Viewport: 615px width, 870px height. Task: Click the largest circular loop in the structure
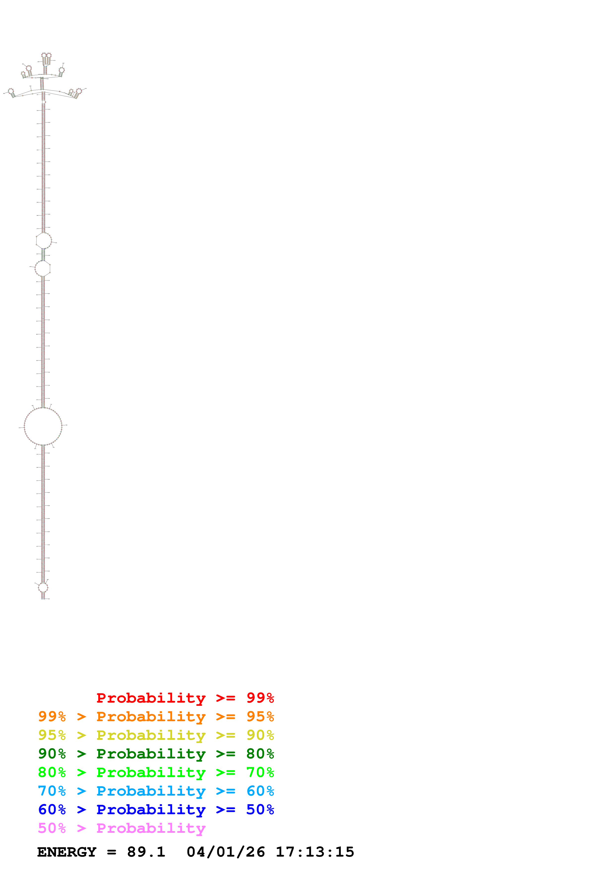[x=43, y=426]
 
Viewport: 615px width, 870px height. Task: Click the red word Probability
[x=151, y=698]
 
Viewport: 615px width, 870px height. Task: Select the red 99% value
[x=260, y=698]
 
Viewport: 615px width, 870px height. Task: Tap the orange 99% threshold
[x=52, y=716]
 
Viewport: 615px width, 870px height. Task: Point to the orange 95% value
[x=260, y=716]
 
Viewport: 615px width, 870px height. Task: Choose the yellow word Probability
[x=151, y=735]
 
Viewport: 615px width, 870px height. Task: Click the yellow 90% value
[x=260, y=735]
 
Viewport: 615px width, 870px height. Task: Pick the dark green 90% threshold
[x=52, y=754]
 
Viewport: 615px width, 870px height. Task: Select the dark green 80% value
[x=260, y=754]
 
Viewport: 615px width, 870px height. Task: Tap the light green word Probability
[x=151, y=772]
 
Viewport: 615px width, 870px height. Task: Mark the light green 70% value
[x=260, y=772]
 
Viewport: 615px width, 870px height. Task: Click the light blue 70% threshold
[x=52, y=791]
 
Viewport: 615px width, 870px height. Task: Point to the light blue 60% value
[x=260, y=791]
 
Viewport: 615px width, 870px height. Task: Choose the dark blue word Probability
[x=151, y=809]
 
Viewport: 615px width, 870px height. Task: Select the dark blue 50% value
[x=260, y=809]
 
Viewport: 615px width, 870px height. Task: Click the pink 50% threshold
[x=52, y=828]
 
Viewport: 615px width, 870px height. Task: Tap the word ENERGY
[x=67, y=852]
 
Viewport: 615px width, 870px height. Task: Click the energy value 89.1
[x=146, y=852]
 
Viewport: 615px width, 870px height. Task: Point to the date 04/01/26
[x=226, y=852]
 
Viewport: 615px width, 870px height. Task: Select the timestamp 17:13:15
[x=315, y=852]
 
